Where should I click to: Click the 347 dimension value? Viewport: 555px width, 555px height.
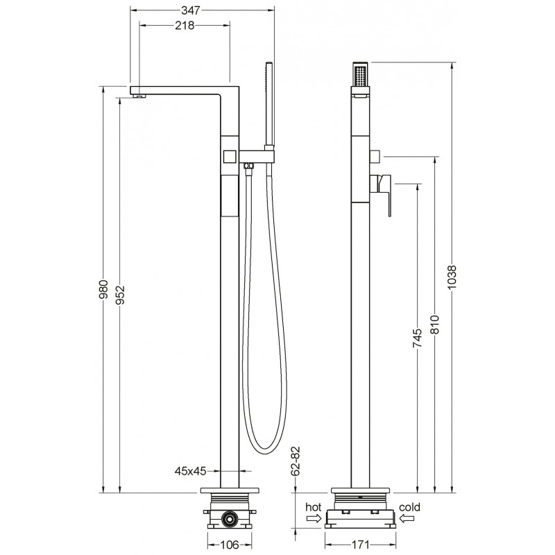tap(191, 10)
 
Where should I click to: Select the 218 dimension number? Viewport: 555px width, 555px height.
tap(185, 26)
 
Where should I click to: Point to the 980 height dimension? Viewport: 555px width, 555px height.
tap(103, 289)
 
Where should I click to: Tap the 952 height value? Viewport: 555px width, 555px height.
tap(120, 295)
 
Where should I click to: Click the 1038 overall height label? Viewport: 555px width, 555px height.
tap(452, 277)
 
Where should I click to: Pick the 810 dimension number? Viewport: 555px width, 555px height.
tap(434, 324)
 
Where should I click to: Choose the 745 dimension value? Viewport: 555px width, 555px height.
tap(418, 338)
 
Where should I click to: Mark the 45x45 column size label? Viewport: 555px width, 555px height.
tap(190, 471)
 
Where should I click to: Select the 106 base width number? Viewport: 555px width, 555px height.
tap(230, 545)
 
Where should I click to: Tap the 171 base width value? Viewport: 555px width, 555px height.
tap(360, 545)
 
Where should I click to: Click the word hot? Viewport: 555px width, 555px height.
tap(314, 507)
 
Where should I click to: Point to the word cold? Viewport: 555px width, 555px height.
tap(409, 507)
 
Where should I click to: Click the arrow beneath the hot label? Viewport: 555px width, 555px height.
tap(314, 518)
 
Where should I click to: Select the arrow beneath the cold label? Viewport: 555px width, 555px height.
tap(407, 518)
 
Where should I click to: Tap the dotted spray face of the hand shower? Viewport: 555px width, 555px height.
tap(361, 75)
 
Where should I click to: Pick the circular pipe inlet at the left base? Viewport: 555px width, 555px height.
tap(230, 519)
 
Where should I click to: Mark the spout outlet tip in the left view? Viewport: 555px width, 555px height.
tap(139, 96)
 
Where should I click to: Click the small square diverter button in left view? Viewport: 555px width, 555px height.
tap(230, 156)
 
